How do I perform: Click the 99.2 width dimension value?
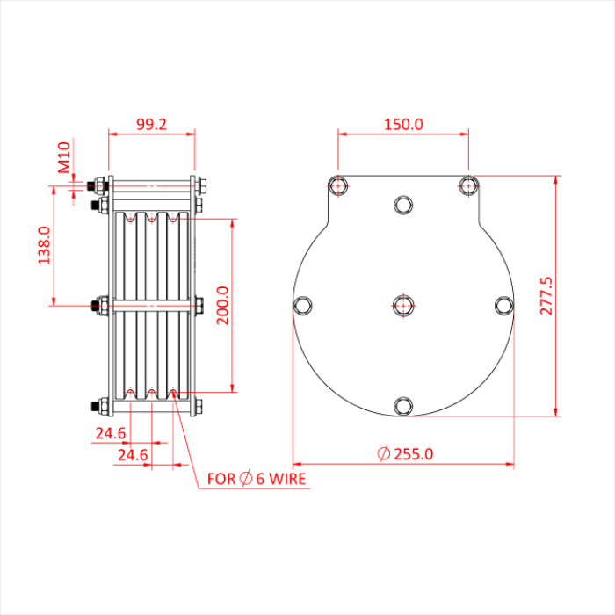coord(152,125)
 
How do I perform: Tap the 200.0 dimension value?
coord(222,304)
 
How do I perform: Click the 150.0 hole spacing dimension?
coord(403,125)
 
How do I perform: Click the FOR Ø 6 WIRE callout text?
coord(256,479)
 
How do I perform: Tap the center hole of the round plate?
coord(402,304)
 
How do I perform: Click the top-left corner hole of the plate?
coord(338,184)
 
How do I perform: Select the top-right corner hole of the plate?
coord(468,184)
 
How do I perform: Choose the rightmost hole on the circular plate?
coord(503,304)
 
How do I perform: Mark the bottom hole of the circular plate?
coord(402,405)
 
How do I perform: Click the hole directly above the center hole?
coord(402,204)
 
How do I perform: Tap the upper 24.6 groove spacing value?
coord(111,432)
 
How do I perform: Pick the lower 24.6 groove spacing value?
coord(133,454)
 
